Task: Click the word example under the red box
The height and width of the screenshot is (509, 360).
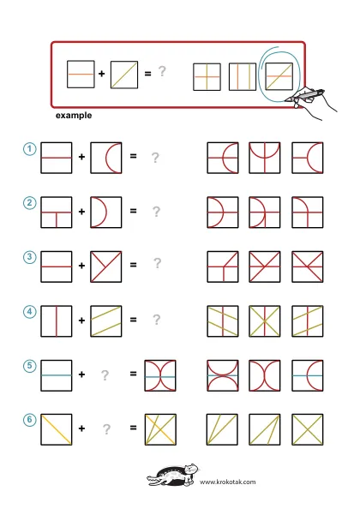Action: tap(74, 116)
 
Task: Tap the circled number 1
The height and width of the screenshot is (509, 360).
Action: tap(29, 149)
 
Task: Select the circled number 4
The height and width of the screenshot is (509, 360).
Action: tap(29, 312)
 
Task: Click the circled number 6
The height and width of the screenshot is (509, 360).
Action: tap(29, 420)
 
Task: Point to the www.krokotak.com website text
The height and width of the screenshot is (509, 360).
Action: tap(227, 482)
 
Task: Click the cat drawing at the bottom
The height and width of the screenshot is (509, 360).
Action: tap(173, 476)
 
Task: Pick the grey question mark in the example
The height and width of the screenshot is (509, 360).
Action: tap(162, 71)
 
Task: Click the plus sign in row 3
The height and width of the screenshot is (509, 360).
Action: tap(81, 266)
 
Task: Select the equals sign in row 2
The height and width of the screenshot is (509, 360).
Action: tap(133, 211)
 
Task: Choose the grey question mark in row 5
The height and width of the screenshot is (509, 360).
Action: tap(105, 375)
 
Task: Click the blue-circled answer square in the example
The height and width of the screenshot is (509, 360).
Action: tap(279, 76)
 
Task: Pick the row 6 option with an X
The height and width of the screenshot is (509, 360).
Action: tap(307, 429)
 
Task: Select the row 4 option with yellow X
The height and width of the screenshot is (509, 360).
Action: tap(265, 321)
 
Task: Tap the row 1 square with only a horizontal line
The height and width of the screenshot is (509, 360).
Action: tap(57, 158)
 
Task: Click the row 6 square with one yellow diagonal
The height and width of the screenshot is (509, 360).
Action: tap(57, 429)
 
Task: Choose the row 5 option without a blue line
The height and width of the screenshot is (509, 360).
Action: tap(265, 375)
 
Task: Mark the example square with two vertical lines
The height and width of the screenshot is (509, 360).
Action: tap(243, 76)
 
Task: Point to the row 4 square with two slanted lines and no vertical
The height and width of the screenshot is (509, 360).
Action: tap(105, 321)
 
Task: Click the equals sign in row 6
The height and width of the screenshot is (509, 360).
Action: tap(133, 428)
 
